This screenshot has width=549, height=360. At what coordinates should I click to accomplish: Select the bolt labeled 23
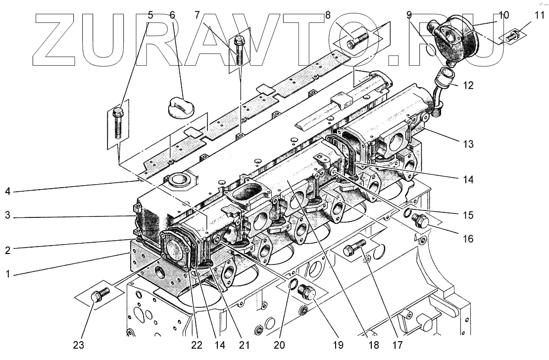click(x=99, y=295)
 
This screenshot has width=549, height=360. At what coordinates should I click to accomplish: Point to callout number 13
click(x=468, y=145)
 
